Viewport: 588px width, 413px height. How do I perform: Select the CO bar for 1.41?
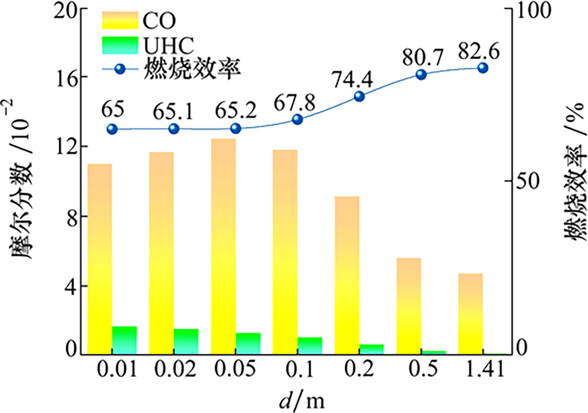coord(470,314)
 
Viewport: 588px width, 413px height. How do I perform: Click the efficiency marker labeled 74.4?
coord(360,97)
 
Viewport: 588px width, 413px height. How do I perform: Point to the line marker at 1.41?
coord(483,68)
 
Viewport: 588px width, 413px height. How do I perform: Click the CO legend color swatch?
coord(120,20)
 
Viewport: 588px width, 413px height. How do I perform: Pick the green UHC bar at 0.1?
coord(310,345)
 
